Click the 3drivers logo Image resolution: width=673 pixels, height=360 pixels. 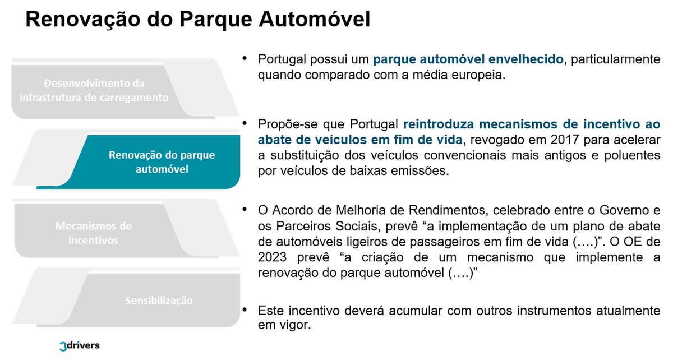click(80, 346)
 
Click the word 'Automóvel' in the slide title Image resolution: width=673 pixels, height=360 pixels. click(315, 19)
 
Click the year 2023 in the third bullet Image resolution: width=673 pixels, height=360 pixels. click(272, 257)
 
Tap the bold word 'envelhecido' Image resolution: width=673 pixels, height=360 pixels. click(526, 59)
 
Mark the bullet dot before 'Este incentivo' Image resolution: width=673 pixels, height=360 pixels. click(245, 309)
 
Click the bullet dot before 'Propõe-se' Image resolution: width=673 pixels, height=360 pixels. click(245, 123)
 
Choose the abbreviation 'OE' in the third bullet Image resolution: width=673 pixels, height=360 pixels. click(620, 242)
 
